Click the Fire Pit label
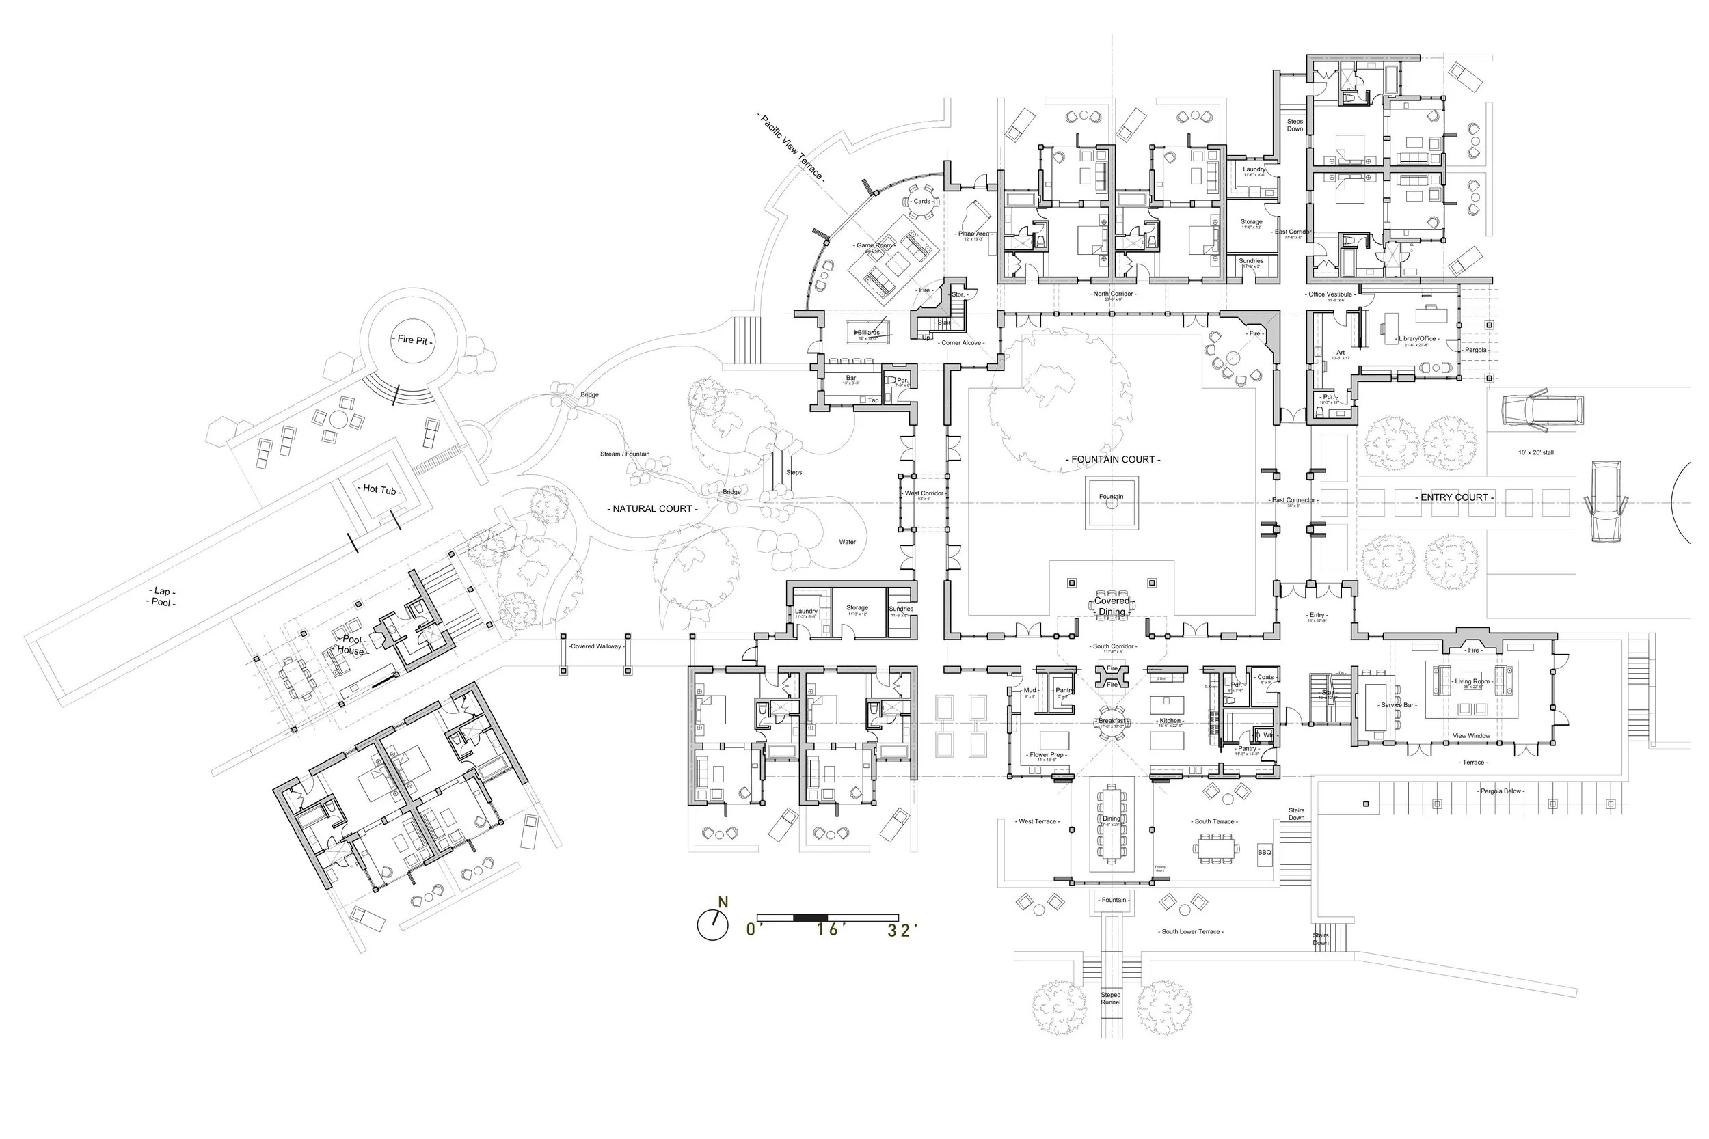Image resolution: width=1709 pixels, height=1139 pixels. pos(412,340)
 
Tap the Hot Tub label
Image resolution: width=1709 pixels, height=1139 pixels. pos(379,490)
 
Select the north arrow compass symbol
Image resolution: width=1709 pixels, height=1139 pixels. pos(712,924)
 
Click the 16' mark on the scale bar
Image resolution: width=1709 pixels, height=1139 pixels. pos(827,929)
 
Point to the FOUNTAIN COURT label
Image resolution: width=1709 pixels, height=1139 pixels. pos(1112,459)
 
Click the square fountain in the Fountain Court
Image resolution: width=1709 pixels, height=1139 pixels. pos(1111,503)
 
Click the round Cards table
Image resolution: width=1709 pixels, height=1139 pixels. pos(921,201)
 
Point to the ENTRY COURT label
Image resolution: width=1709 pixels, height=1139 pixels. pos(1454,497)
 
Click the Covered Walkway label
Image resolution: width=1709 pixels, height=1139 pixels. pos(595,646)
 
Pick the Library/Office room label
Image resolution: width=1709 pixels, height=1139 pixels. pos(1418,338)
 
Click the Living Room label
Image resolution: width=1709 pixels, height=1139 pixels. pos(1471,681)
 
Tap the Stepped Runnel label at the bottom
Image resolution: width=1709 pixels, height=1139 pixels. pos(1110,998)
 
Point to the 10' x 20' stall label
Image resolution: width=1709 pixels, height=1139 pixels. pos(1535,452)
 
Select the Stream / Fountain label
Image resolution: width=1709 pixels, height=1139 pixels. pos(624,454)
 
